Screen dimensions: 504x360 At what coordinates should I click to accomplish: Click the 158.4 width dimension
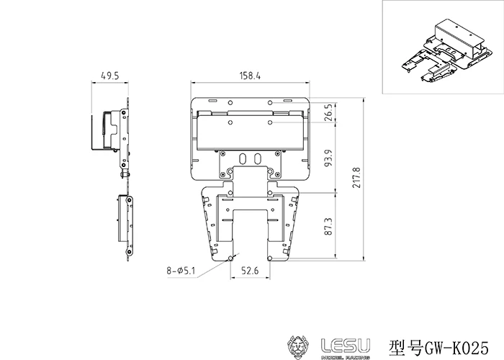(250, 76)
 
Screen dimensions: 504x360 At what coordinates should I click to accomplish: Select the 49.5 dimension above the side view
(110, 76)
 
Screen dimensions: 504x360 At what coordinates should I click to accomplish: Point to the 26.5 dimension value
(328, 112)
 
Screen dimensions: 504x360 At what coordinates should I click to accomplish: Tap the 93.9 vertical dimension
(328, 158)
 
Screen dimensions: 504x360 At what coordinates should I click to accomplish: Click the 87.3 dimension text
(328, 226)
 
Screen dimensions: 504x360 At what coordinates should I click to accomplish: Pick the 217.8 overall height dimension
(357, 177)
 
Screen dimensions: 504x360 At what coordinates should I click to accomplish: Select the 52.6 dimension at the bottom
(250, 271)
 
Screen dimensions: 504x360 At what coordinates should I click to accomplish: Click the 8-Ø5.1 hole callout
(181, 270)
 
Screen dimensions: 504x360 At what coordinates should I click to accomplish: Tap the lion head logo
(298, 347)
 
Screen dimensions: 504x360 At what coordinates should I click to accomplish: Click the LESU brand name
(346, 346)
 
